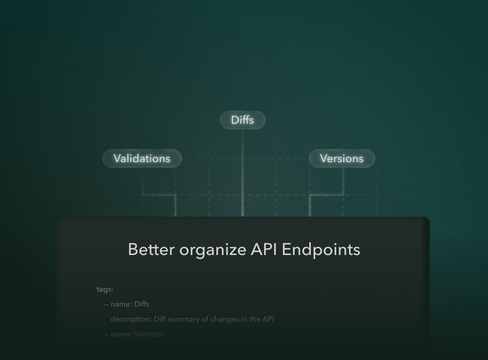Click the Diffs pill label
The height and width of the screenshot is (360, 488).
[x=242, y=120]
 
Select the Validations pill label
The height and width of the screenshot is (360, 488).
[x=142, y=158]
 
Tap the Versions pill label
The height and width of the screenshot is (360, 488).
[x=342, y=158]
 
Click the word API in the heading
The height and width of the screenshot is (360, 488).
[x=264, y=249]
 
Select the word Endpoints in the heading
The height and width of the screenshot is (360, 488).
[x=321, y=250]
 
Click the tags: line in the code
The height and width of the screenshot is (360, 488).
[x=105, y=289]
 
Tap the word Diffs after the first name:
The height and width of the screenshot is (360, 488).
[x=142, y=304]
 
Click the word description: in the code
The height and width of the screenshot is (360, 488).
[x=131, y=319]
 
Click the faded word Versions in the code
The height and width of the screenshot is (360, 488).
[x=149, y=334]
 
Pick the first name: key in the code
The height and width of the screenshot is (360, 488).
[x=121, y=304]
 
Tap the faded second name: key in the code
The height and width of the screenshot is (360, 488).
[x=121, y=334]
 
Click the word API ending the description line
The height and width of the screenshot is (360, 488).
[x=268, y=319]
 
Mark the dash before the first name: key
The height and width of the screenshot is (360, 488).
[x=107, y=304]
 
